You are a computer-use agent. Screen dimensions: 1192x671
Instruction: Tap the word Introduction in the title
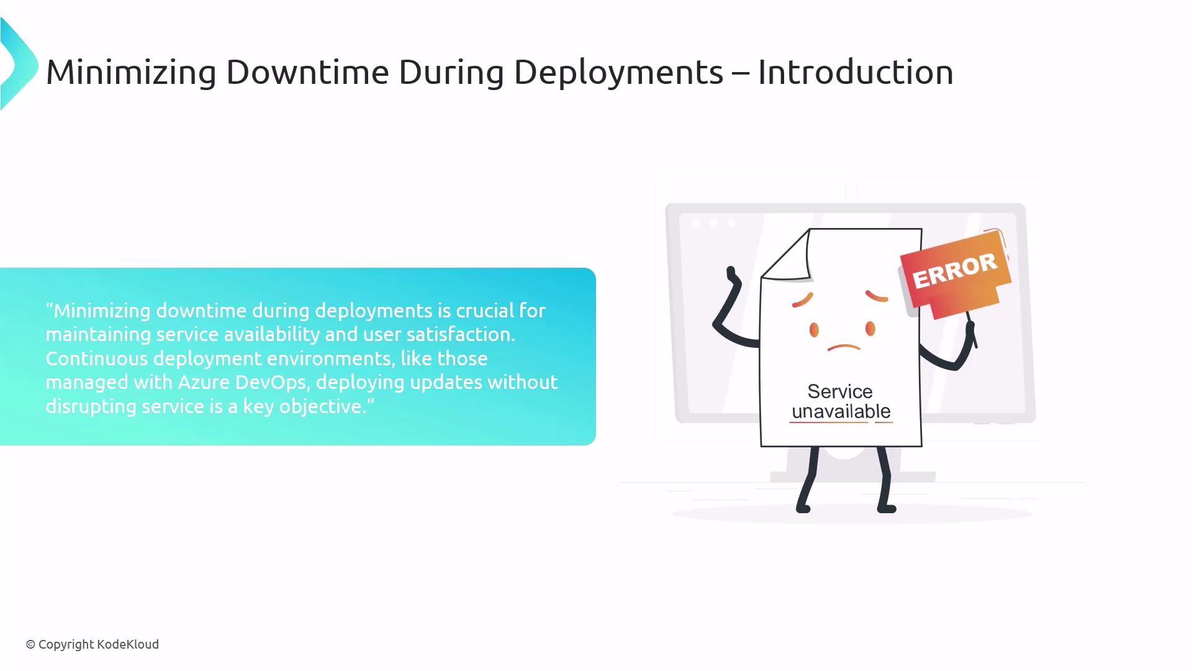(x=856, y=72)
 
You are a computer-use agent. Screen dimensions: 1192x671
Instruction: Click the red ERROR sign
(x=955, y=273)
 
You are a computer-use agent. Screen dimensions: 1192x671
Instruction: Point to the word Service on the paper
(x=839, y=391)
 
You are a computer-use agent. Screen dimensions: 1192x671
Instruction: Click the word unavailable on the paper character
(x=841, y=411)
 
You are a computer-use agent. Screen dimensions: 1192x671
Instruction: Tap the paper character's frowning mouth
(x=844, y=347)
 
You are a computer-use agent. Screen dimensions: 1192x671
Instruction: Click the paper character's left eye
(x=814, y=329)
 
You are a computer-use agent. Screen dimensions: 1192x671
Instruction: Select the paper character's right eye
(x=870, y=329)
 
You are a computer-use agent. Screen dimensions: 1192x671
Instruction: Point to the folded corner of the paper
(x=787, y=255)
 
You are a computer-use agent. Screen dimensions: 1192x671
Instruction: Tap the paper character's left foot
(x=803, y=508)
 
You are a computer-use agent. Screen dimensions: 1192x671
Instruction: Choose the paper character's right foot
(x=887, y=508)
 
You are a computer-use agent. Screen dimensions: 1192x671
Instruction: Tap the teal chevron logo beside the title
(x=19, y=64)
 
